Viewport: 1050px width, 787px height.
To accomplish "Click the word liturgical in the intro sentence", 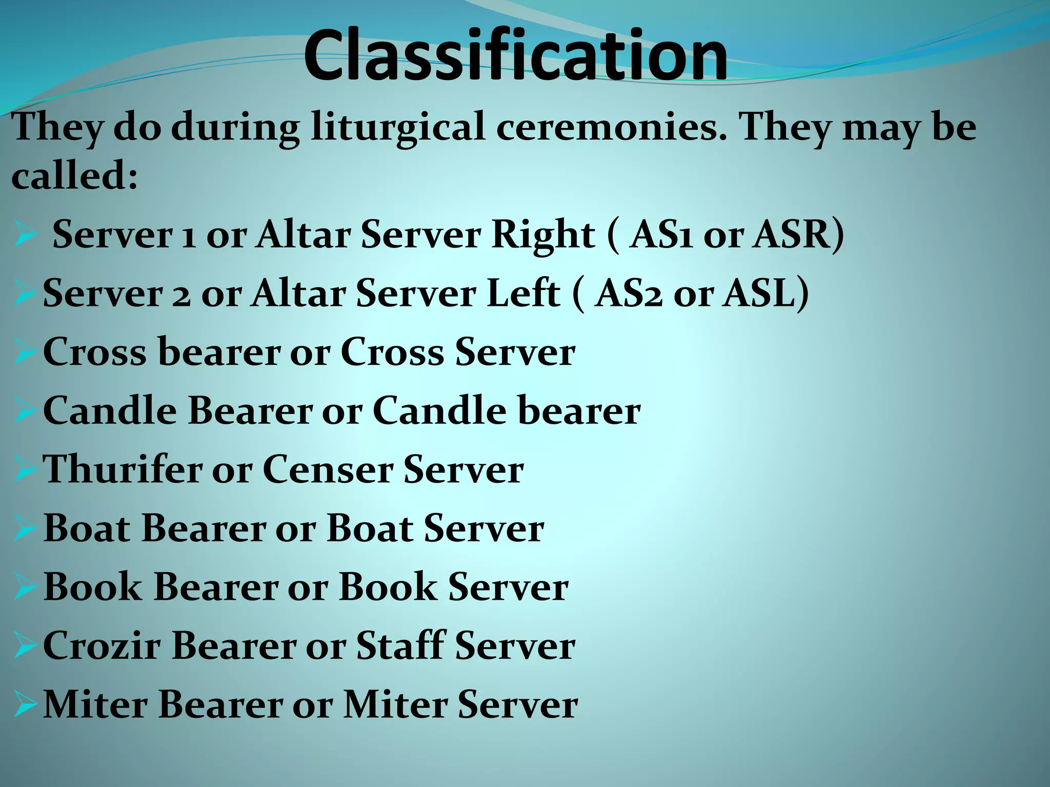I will (398, 127).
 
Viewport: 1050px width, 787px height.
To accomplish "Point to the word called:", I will (74, 175).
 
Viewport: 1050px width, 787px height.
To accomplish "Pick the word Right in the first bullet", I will (543, 235).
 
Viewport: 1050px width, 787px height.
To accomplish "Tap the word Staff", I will (400, 646).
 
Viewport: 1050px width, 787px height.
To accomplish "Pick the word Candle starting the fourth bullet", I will (110, 411).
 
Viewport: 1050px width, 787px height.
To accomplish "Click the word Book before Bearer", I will (92, 587).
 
